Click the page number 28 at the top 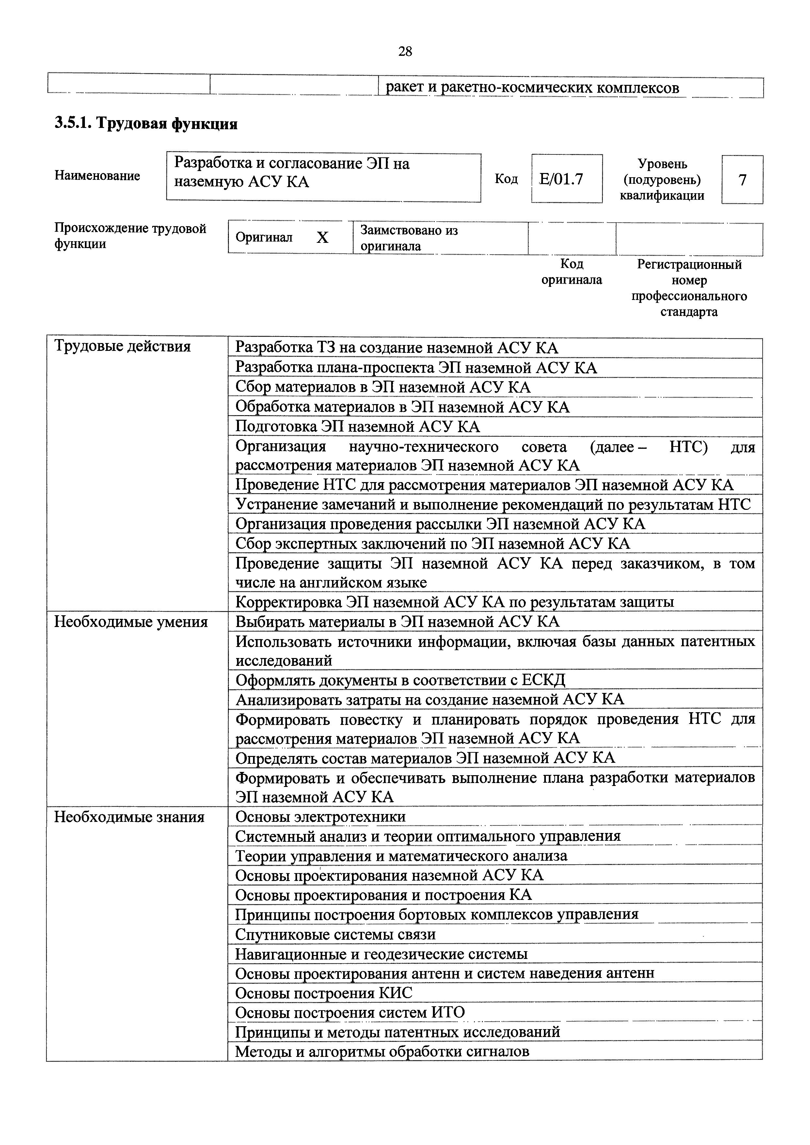405,51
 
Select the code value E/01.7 562,179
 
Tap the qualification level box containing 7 742,180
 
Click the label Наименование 97,176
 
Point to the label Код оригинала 572,272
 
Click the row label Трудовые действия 122,346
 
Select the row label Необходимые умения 131,622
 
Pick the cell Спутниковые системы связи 335,934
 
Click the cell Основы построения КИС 324,993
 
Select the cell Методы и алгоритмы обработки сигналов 382,1052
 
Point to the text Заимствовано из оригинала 409,238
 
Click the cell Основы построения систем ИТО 350,1012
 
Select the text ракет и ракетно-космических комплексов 532,88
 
